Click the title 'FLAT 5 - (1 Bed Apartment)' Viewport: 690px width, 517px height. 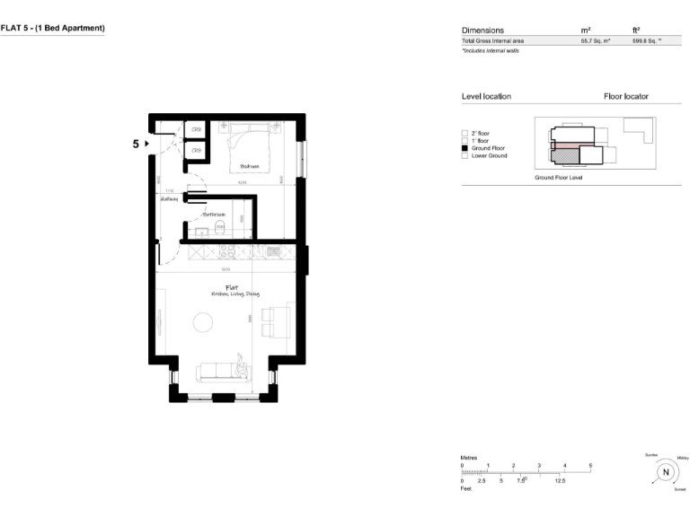53,29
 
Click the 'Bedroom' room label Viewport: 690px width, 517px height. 250,167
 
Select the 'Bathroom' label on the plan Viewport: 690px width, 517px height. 213,215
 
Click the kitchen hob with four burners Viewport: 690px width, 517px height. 225,250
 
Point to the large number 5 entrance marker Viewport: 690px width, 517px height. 137,143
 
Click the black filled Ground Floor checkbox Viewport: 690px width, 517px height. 464,148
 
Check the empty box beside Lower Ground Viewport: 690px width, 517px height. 464,156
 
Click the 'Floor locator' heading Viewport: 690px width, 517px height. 626,96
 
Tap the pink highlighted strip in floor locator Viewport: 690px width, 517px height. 565,144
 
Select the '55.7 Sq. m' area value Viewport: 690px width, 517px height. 596,41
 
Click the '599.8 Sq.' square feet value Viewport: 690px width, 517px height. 646,41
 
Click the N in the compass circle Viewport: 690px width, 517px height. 666,472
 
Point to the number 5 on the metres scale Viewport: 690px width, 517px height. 590,465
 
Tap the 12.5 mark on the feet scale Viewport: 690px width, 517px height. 559,481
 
